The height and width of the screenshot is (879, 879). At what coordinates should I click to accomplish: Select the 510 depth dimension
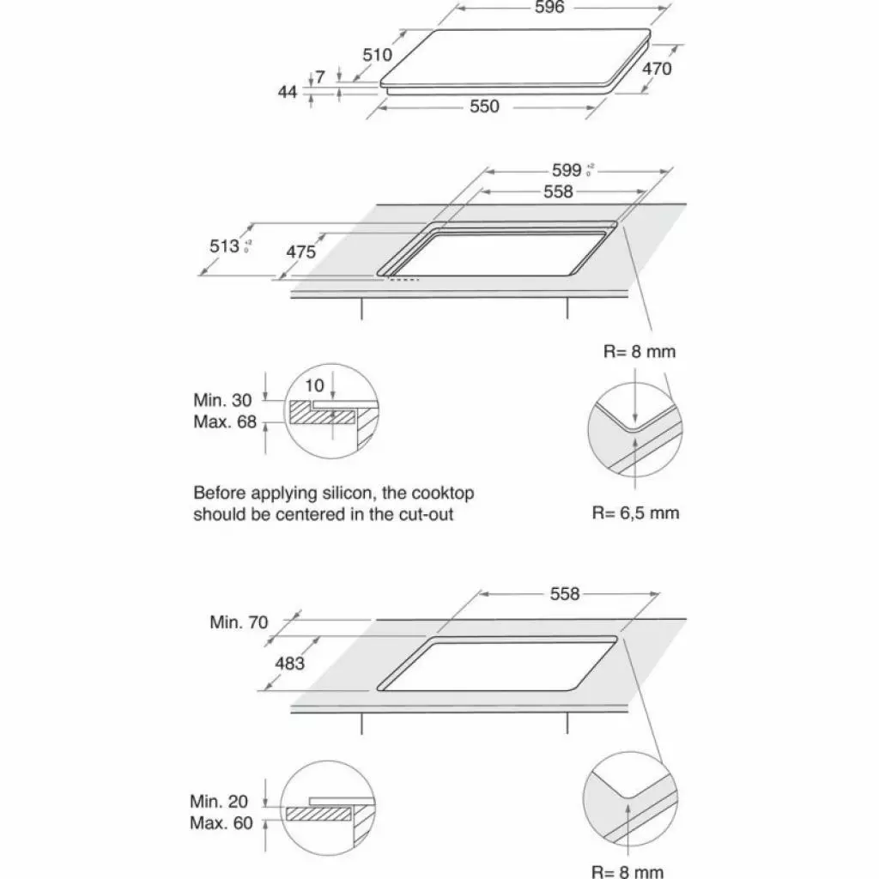tap(377, 55)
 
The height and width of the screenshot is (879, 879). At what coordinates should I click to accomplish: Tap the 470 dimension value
tap(657, 69)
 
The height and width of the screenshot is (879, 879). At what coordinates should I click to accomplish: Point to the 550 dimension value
tap(483, 106)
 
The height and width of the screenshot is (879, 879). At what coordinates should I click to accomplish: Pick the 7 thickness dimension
tap(319, 77)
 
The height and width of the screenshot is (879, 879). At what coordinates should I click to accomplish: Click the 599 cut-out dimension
tap(567, 170)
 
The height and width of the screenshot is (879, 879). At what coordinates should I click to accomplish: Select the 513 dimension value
tap(225, 246)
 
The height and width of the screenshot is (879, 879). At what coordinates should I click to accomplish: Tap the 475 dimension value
tap(300, 252)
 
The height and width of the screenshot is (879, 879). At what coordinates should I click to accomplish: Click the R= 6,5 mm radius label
tap(635, 513)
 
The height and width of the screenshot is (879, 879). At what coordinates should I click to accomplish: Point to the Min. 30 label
tap(223, 400)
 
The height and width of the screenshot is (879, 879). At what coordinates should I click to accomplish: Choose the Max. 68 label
tap(225, 421)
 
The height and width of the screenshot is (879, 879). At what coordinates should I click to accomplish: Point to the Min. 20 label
tap(219, 802)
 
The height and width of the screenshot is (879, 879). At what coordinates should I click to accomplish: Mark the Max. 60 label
tap(221, 824)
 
